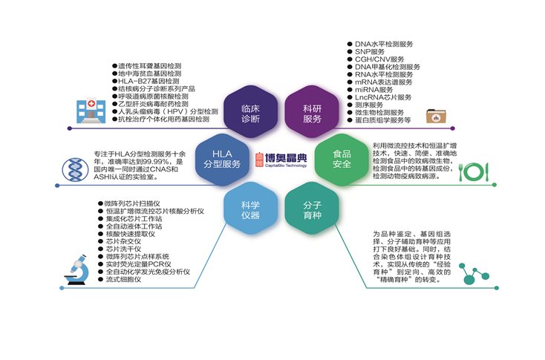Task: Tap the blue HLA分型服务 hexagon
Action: (222, 158)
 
